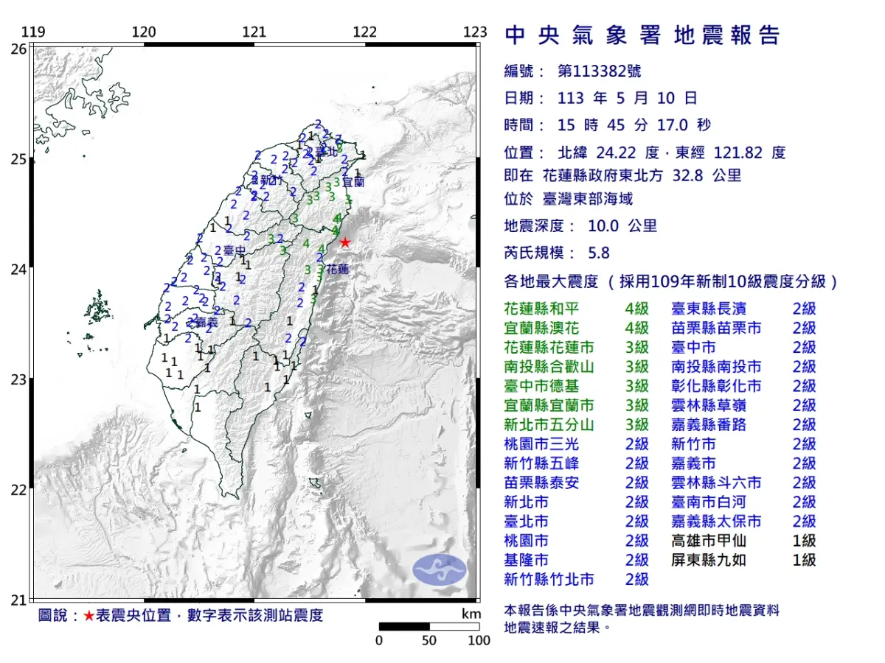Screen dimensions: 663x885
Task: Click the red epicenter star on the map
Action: click(x=344, y=242)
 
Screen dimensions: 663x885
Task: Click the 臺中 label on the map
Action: click(x=235, y=251)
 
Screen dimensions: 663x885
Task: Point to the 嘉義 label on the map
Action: click(x=205, y=322)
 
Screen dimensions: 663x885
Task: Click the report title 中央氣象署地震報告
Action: click(x=642, y=35)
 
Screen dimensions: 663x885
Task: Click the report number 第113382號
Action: click(x=599, y=71)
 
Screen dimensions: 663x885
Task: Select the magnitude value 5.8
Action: click(x=599, y=253)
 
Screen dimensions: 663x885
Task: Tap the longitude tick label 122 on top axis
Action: click(x=365, y=32)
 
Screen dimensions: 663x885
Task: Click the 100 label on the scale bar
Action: click(x=479, y=640)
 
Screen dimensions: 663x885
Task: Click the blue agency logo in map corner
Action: click(x=440, y=571)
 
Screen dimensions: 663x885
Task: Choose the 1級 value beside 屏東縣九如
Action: click(x=804, y=561)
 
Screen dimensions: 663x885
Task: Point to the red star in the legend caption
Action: click(x=88, y=616)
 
